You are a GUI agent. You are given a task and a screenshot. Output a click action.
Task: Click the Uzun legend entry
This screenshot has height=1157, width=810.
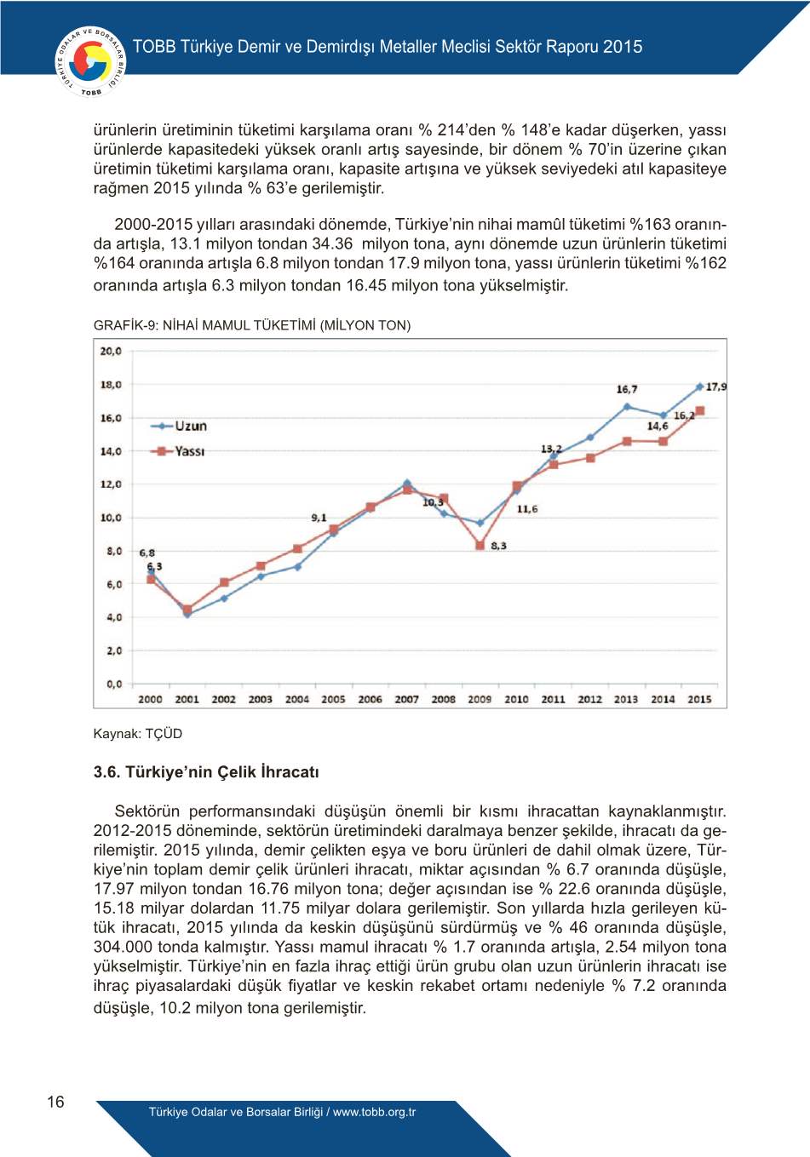(x=180, y=426)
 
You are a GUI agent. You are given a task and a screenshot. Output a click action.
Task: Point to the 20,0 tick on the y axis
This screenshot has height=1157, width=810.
(x=112, y=351)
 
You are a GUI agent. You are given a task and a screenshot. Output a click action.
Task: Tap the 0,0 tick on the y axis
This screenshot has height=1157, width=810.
(x=113, y=684)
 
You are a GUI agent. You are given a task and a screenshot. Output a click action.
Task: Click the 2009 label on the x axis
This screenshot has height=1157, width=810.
(x=480, y=699)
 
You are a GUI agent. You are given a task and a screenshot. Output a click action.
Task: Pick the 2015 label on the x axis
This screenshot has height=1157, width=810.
(x=699, y=699)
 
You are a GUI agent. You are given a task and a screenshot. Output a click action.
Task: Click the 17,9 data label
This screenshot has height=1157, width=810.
(x=716, y=387)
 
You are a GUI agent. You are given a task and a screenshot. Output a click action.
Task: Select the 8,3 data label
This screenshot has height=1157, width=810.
(x=498, y=546)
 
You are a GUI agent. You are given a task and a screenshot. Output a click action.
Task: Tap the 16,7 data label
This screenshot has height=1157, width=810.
(x=627, y=389)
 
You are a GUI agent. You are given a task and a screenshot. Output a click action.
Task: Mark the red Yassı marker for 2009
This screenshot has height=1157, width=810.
(x=480, y=546)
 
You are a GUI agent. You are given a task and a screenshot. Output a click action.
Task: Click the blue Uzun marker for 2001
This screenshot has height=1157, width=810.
(x=187, y=614)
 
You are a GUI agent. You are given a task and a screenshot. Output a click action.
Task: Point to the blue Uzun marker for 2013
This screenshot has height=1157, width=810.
(x=627, y=406)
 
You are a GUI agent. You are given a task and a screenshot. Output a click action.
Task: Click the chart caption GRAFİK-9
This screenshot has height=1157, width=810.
(x=251, y=325)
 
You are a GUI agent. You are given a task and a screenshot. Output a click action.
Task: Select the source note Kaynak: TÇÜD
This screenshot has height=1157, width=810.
(x=138, y=734)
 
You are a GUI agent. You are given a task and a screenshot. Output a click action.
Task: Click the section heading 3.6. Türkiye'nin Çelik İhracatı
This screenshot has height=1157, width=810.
(x=206, y=772)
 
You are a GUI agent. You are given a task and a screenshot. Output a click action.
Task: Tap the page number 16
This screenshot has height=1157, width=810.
(x=55, y=1102)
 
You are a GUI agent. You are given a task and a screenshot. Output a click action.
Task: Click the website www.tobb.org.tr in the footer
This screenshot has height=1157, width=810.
(x=375, y=1112)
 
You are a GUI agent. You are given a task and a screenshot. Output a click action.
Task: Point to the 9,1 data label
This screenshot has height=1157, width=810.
(x=319, y=518)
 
